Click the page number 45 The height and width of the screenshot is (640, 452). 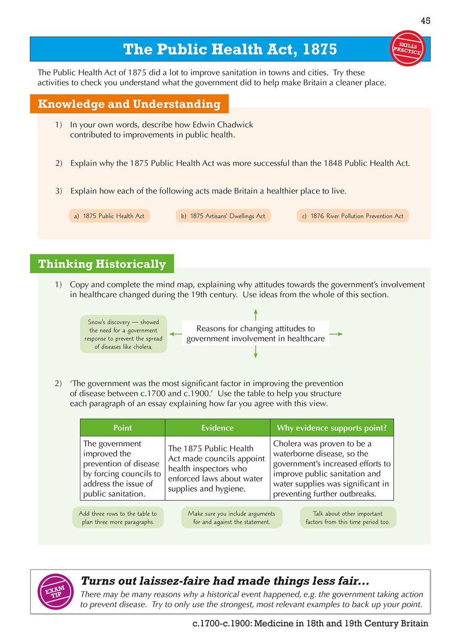(425, 21)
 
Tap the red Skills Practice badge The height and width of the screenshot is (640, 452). (407, 48)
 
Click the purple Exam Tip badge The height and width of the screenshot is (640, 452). (56, 592)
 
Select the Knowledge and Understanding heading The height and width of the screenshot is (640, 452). (129, 104)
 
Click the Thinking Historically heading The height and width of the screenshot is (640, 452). (102, 264)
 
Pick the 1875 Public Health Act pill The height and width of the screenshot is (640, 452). (109, 216)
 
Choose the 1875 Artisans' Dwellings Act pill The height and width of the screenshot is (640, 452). (223, 216)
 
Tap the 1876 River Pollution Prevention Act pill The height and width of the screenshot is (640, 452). (353, 216)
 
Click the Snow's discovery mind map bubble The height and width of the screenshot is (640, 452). (123, 334)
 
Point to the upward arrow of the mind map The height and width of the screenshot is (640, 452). (255, 314)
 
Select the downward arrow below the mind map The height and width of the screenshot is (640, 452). (255, 352)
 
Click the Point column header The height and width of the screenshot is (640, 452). (122, 428)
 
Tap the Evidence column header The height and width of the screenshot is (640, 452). (217, 428)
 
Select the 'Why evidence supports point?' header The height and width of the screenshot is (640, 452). (332, 428)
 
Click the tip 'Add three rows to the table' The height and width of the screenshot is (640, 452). (118, 518)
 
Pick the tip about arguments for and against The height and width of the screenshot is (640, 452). (231, 518)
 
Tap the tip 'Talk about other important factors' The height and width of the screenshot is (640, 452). (348, 518)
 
